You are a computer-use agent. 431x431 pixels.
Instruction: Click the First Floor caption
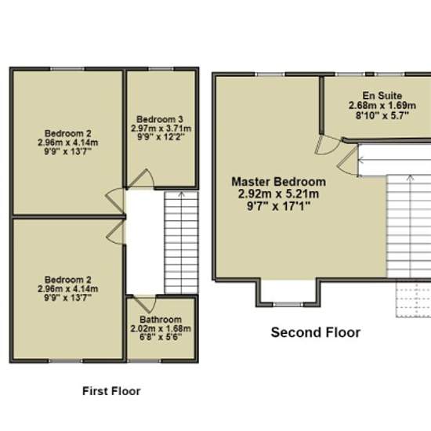111,391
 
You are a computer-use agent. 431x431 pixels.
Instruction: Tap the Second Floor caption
316,332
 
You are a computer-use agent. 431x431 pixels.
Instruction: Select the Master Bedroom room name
279,182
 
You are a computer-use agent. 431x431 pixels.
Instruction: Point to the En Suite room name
382,96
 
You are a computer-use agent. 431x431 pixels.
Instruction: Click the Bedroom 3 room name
160,119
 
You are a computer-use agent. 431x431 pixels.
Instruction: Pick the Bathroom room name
161,320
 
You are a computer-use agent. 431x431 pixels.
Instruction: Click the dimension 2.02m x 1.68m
161,328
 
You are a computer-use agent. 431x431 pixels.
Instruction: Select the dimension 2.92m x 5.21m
278,194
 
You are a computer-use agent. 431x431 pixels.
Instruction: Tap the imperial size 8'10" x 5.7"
382,115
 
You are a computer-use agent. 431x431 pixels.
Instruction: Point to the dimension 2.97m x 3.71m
161,129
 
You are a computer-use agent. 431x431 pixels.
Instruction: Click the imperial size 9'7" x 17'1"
278,206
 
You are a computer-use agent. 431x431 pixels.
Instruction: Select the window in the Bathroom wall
144,360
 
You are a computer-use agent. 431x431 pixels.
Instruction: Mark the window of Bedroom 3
161,69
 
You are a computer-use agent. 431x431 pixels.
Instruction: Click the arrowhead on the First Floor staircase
181,194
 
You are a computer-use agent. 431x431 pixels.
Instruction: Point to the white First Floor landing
145,242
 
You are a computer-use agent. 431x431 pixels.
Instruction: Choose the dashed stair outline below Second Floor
414,299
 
